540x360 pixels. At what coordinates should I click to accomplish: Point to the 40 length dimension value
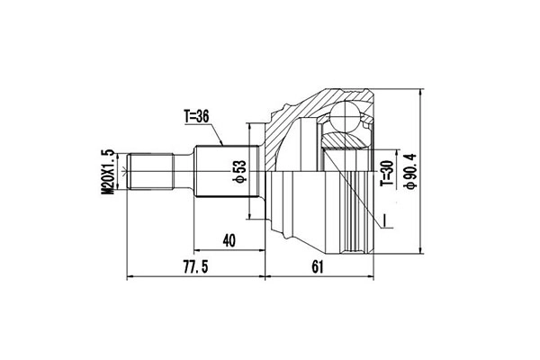[229, 239]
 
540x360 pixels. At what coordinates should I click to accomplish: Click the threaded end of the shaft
[150, 173]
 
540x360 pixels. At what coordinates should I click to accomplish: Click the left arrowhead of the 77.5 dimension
[132, 275]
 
